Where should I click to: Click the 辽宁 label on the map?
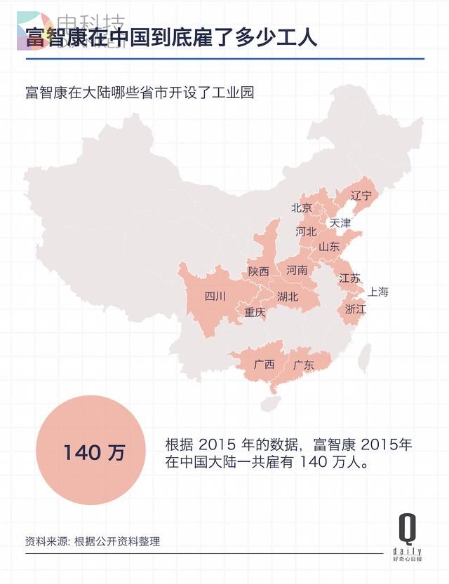coord(360,195)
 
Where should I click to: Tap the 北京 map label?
coord(302,208)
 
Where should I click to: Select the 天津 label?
coord(340,222)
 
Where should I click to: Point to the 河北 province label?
coord(307,231)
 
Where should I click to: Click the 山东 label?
coord(329,247)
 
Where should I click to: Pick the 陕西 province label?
coord(258,271)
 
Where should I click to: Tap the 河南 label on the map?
coord(297,269)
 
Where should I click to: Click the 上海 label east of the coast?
coord(377,292)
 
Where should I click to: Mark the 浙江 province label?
coord(356,308)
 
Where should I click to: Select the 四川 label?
coord(215,296)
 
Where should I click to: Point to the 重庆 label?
coord(255,313)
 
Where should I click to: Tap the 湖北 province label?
coord(288,297)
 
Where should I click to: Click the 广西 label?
coord(264,365)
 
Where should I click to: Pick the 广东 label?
coord(303,365)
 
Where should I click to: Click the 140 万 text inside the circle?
coord(94,452)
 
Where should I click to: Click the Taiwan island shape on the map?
coord(364,358)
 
